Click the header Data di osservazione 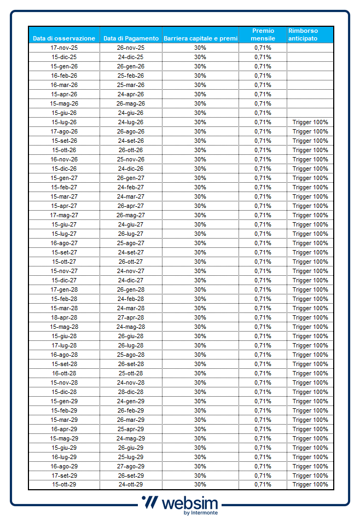tap(64, 38)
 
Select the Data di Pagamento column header tap(131, 38)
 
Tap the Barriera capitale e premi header tap(201, 38)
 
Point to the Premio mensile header tap(263, 34)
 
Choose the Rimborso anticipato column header tap(303, 34)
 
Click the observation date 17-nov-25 tap(64, 48)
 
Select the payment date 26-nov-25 tap(131, 48)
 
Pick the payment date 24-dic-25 tap(131, 57)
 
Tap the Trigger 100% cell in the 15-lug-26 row tap(310, 122)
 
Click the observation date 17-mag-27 tap(64, 215)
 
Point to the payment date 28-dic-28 tap(131, 392)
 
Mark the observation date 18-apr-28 tap(64, 317)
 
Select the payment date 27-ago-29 tap(131, 466)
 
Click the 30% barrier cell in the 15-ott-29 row tap(200, 484)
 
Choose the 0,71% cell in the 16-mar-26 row tap(263, 85)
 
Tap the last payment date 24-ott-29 tap(131, 484)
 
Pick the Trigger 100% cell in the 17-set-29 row tap(310, 476)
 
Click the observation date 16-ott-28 tap(64, 373)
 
